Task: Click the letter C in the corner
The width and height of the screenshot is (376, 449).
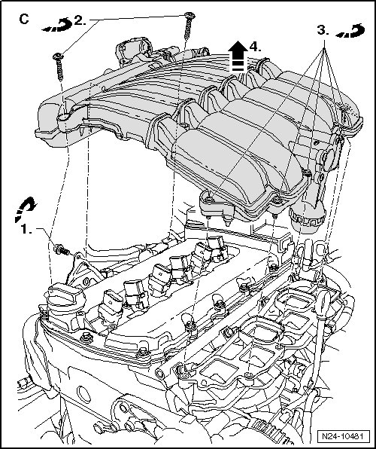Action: [24, 19]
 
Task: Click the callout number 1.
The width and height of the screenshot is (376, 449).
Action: [26, 229]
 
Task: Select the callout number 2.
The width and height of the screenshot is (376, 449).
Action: [80, 20]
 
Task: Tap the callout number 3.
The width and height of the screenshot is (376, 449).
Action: [323, 30]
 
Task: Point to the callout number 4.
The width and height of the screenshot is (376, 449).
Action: [255, 47]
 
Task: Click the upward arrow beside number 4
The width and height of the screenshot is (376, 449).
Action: [238, 57]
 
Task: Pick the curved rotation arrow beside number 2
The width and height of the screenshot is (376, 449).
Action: [58, 25]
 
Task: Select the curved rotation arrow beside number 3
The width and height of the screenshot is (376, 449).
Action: [350, 31]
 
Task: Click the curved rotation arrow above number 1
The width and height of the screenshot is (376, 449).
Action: [25, 209]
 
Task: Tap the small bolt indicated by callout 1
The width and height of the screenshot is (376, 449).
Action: [62, 249]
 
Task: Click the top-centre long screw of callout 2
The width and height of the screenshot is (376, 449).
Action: [189, 26]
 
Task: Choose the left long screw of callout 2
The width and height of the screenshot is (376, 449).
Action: [59, 66]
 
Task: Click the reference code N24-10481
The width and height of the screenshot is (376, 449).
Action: [343, 436]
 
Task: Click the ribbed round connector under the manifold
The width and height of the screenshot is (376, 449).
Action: [308, 218]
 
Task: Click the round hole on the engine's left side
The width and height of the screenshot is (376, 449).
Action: [83, 395]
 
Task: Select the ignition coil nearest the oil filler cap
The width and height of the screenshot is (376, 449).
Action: [111, 307]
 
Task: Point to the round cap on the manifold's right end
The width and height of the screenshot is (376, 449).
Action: [331, 157]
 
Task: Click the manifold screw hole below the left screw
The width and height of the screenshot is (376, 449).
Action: [64, 117]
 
